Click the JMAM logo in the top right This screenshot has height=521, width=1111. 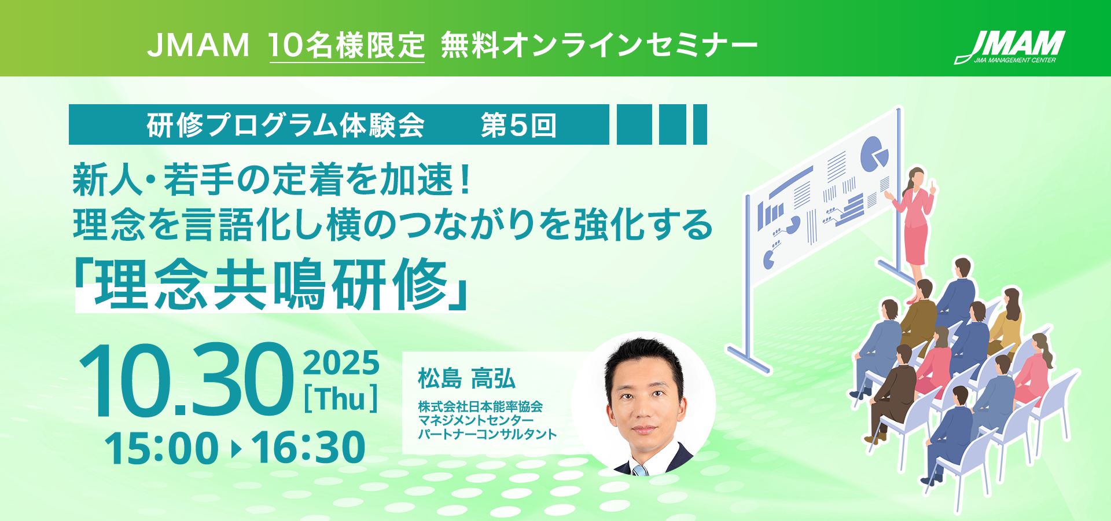pyautogui.click(x=1010, y=46)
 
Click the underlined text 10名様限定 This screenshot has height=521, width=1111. pyautogui.click(x=347, y=45)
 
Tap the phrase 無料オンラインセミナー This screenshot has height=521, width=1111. pyautogui.click(x=599, y=45)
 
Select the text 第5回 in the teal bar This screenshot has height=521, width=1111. pyautogui.click(x=518, y=125)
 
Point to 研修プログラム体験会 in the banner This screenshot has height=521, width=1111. pyautogui.click(x=285, y=125)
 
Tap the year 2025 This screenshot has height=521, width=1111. pyautogui.click(x=341, y=364)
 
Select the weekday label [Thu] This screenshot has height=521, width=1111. pyautogui.click(x=341, y=399)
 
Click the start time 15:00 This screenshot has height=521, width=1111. pyautogui.click(x=161, y=448)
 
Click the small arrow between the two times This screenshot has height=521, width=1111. pyautogui.click(x=236, y=449)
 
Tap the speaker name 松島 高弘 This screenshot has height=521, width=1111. pyautogui.click(x=466, y=379)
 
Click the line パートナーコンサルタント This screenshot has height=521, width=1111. pyautogui.click(x=487, y=434)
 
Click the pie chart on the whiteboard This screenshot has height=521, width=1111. pyautogui.click(x=874, y=154)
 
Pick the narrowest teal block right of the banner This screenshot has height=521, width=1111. pyautogui.click(x=700, y=124)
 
